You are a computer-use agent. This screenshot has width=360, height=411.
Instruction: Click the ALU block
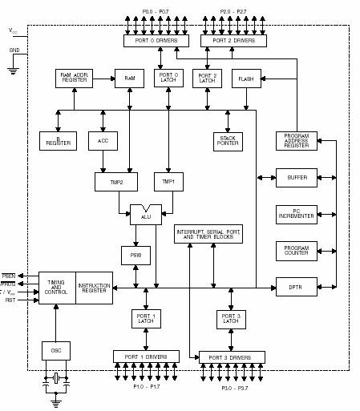[x=145, y=215]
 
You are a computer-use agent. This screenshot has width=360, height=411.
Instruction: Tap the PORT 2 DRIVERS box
[x=233, y=40]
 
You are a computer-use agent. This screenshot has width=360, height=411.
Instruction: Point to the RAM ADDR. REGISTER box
[x=75, y=79]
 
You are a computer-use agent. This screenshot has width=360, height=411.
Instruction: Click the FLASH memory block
[x=246, y=79]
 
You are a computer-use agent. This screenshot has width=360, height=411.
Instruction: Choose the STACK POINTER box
[x=228, y=142]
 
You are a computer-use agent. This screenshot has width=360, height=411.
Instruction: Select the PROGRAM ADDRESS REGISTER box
[x=297, y=141]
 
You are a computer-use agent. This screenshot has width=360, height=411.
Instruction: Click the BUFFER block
[x=297, y=178]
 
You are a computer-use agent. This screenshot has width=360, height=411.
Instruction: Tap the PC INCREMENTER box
[x=297, y=215]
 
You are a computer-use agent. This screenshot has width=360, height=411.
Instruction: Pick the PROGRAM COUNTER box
[x=297, y=251]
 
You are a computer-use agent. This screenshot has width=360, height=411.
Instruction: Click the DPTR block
[x=297, y=287]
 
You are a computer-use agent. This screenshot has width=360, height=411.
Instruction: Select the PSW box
[x=136, y=256]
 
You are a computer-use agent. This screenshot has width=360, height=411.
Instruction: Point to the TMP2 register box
[x=116, y=181]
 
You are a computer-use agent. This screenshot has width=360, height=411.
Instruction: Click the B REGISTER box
[x=58, y=141]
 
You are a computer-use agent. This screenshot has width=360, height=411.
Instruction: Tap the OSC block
[x=56, y=350]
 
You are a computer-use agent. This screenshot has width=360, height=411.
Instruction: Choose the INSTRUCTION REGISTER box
[x=94, y=288]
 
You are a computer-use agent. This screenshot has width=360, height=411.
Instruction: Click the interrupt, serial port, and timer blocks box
[x=208, y=234]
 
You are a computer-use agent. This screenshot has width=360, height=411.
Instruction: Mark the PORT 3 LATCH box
[x=231, y=319]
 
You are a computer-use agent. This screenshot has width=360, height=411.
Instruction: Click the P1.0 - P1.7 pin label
[x=146, y=387]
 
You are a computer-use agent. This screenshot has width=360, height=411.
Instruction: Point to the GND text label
[x=14, y=50]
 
